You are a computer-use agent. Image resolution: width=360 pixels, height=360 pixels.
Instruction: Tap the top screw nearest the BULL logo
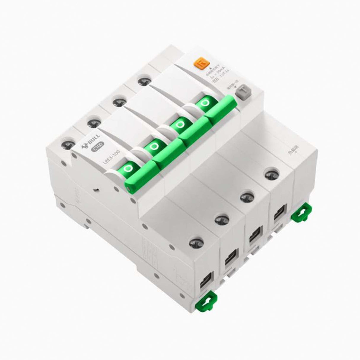[68, 145]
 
